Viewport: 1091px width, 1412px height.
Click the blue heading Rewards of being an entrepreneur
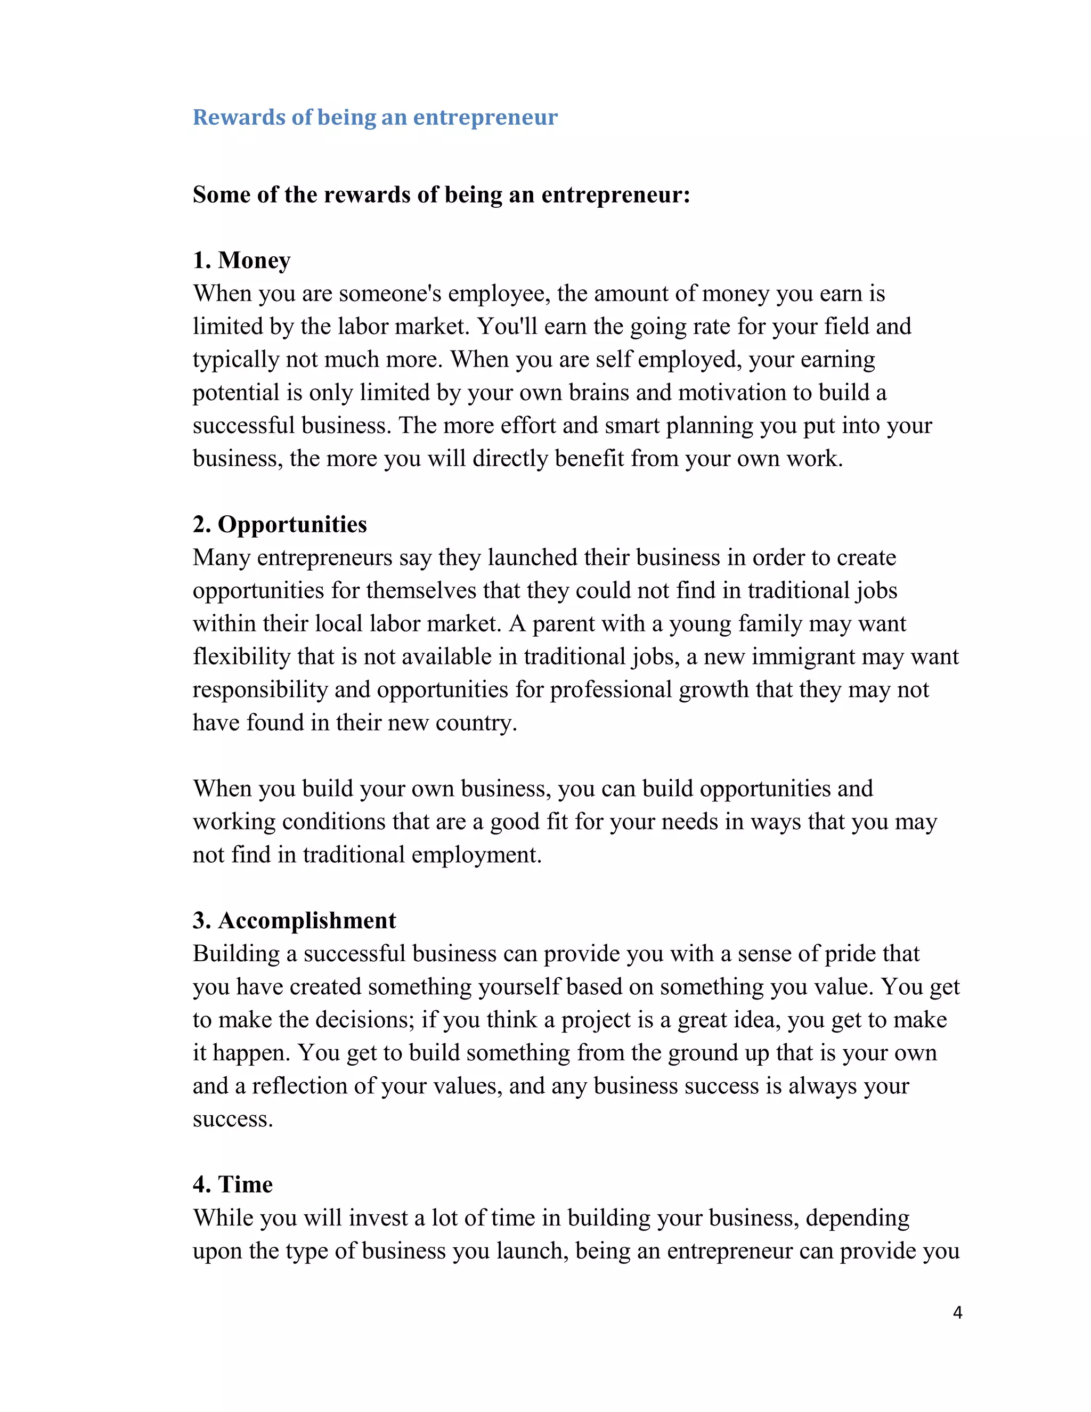coord(375,118)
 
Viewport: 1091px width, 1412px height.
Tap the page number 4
coord(957,1312)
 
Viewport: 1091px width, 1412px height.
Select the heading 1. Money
coord(242,260)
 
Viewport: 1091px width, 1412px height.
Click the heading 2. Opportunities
coord(280,524)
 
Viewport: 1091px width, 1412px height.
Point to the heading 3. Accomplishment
coord(294,920)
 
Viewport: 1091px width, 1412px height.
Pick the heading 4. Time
coord(233,1184)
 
